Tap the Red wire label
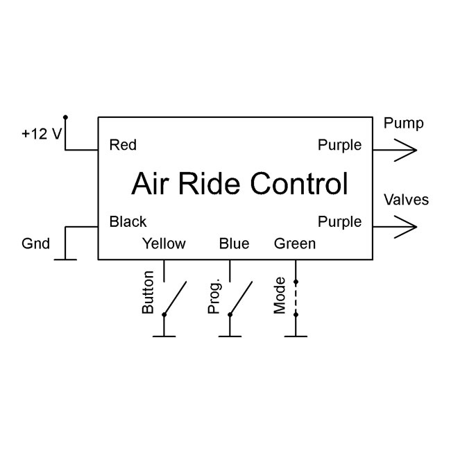123,146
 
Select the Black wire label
128,222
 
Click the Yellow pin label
164,244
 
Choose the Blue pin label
234,244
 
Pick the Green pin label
295,244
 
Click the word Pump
403,124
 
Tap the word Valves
406,201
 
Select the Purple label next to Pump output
339,146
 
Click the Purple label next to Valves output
339,222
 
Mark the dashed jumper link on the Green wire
296,298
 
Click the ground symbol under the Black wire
65,259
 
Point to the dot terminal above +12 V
65,117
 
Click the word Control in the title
300,185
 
